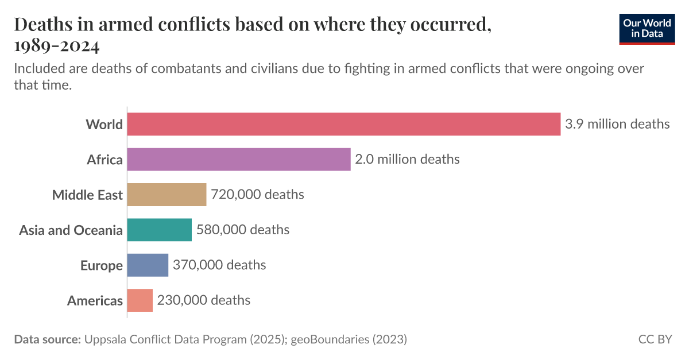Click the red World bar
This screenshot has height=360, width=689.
coord(343,124)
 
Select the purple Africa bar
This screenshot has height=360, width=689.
coord(238,159)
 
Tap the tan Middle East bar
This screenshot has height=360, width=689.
coord(167,195)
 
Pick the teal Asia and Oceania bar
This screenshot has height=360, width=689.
coord(159,230)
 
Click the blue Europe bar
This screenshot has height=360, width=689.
coord(148,265)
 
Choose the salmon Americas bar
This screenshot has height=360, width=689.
coord(140,300)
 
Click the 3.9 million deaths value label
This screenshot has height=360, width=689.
coord(617,124)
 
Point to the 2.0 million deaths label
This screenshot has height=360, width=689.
coord(407,159)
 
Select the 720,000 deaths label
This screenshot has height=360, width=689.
coord(257,195)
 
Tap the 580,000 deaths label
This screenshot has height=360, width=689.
coord(243,230)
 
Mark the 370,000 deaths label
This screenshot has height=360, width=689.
coord(219,265)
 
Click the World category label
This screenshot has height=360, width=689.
coord(104,125)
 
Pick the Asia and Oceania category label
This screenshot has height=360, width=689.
coord(71,230)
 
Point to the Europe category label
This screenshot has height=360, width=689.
coord(102,266)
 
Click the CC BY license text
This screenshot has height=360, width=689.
coord(655,339)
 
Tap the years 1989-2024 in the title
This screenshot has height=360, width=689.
coord(56,45)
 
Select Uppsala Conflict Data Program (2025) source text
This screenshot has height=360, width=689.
coord(184,339)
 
